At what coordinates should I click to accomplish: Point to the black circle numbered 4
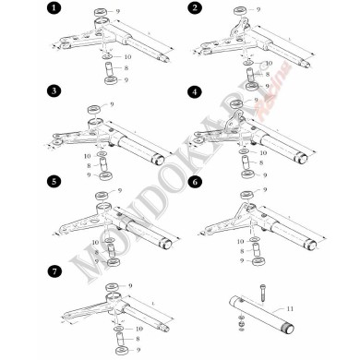[x=194, y=93]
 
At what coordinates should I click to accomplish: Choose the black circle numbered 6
[x=194, y=182]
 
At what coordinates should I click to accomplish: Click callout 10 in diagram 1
[x=126, y=58]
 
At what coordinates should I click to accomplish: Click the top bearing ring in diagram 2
[x=238, y=13]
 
